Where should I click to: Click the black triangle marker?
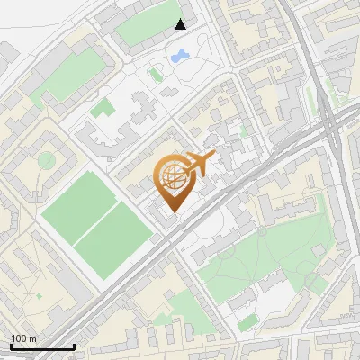tap(181, 24)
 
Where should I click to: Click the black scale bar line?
tap(41, 346)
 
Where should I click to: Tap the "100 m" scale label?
tap(23, 338)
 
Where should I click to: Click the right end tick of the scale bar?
tap(74, 344)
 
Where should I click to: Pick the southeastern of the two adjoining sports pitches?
tap(113, 238)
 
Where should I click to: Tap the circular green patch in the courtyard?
tap(46, 160)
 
